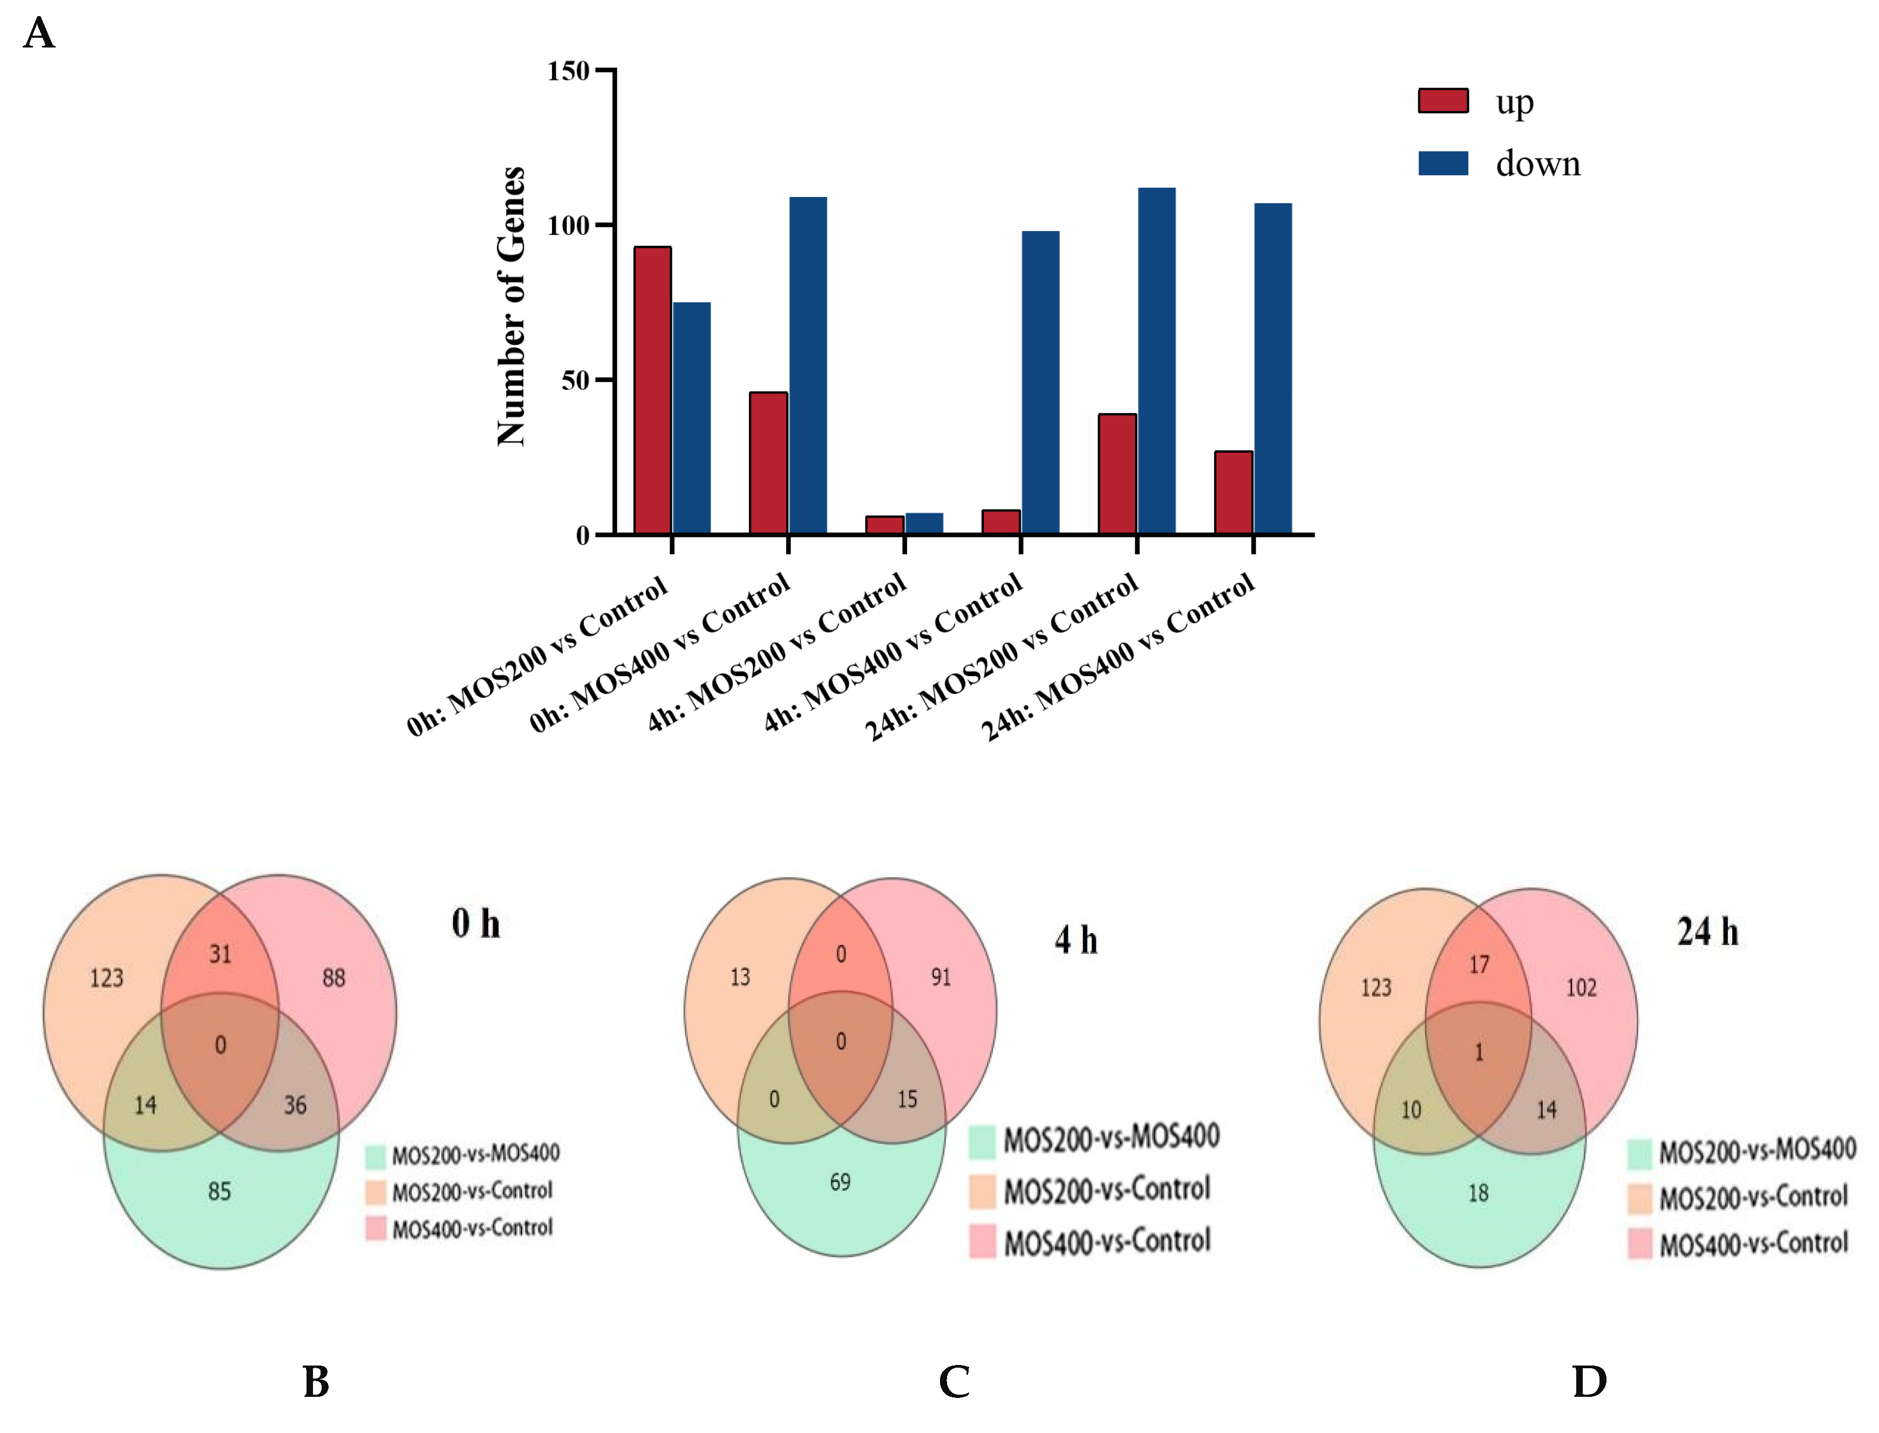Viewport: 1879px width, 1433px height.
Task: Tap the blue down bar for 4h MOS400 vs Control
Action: click(x=1040, y=383)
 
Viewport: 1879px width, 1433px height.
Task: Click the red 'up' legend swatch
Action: click(x=1443, y=100)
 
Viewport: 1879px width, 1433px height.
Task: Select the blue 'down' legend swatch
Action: click(x=1443, y=163)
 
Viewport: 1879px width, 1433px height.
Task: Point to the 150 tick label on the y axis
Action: click(x=568, y=71)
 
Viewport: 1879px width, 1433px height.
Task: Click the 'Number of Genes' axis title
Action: click(x=512, y=307)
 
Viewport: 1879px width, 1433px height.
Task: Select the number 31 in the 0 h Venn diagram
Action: click(x=220, y=954)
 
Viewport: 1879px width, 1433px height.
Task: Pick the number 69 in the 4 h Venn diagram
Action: click(x=840, y=1182)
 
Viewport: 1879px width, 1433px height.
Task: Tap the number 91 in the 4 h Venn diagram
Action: click(x=941, y=977)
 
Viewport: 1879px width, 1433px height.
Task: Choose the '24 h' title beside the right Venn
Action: click(x=1707, y=932)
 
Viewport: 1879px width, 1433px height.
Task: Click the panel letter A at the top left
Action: click(x=39, y=34)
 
